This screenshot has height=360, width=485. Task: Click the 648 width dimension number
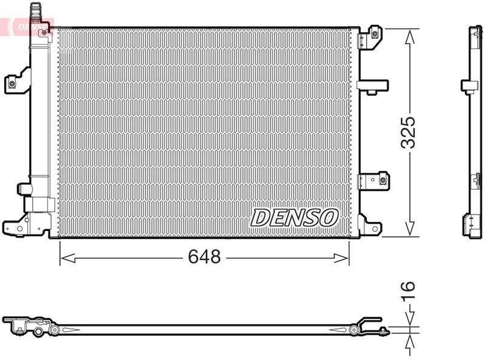204,257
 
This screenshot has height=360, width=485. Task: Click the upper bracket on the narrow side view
469,86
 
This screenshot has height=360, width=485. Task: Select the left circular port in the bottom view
55,330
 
